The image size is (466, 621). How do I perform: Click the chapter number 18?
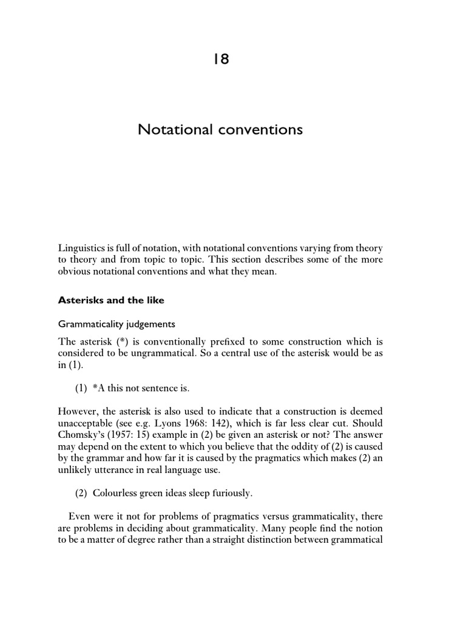(x=220, y=59)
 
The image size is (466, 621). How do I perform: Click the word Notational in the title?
(x=172, y=130)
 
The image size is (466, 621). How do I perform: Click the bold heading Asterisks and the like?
(x=111, y=300)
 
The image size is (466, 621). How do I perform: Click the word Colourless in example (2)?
(x=117, y=494)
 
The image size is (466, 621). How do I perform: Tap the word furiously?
(x=230, y=494)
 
